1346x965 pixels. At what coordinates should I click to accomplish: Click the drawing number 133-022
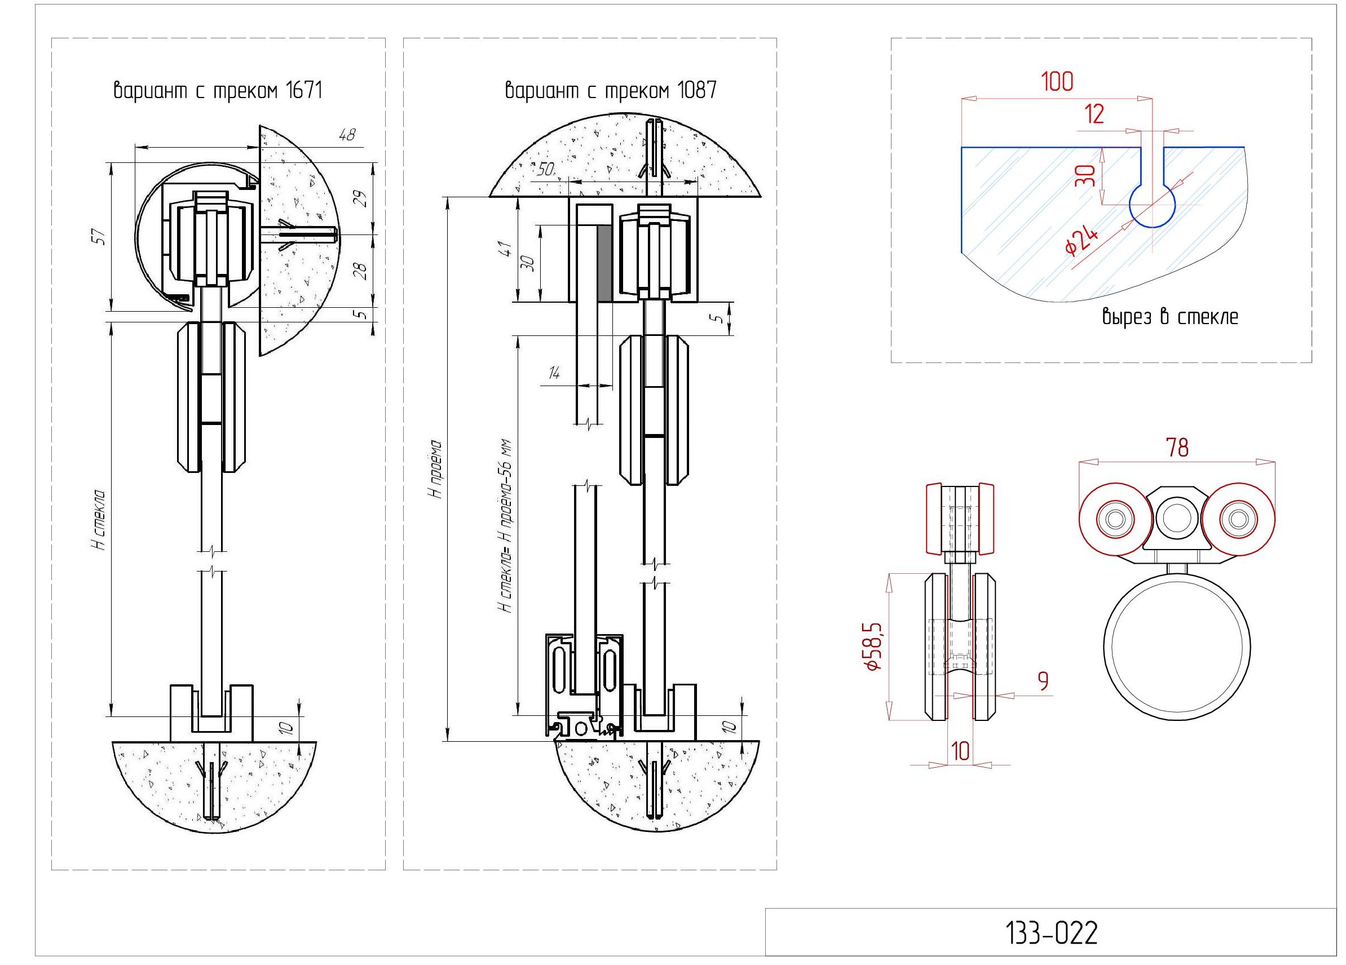tap(1051, 933)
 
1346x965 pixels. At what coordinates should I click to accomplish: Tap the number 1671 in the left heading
tap(303, 91)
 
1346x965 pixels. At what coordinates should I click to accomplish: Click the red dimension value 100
tap(1057, 82)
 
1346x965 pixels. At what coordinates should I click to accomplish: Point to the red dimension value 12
tap(1094, 114)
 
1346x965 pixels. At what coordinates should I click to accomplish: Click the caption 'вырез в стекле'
tap(1170, 317)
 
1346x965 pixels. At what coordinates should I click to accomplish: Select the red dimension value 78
tap(1177, 448)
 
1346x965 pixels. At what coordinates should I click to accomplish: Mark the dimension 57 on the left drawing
tap(101, 237)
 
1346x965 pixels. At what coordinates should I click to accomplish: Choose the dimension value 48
tap(347, 135)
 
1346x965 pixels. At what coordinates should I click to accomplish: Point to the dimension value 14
tap(554, 373)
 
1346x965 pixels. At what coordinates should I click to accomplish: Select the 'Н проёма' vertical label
tap(437, 468)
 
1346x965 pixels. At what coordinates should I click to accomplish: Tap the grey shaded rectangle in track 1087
tap(604, 263)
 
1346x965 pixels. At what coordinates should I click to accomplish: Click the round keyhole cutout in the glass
tap(1151, 207)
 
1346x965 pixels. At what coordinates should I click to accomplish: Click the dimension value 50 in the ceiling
tap(545, 170)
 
